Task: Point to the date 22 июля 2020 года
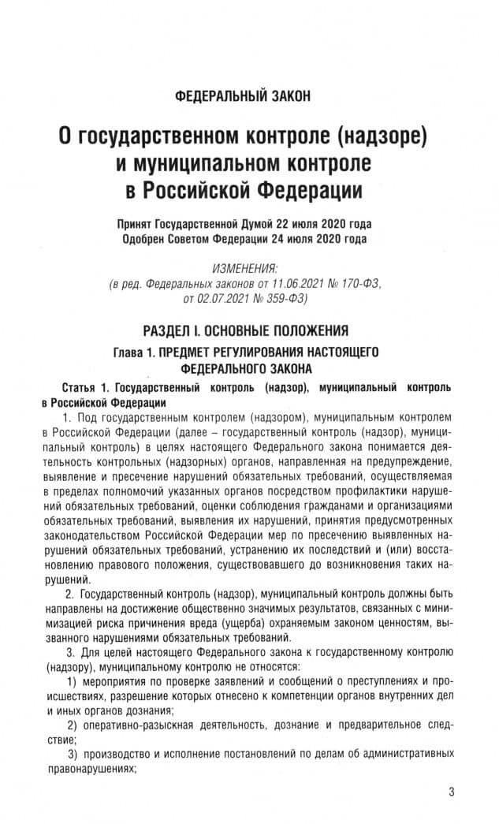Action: [320, 223]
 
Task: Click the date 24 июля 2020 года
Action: [315, 238]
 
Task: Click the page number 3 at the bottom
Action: [452, 792]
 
